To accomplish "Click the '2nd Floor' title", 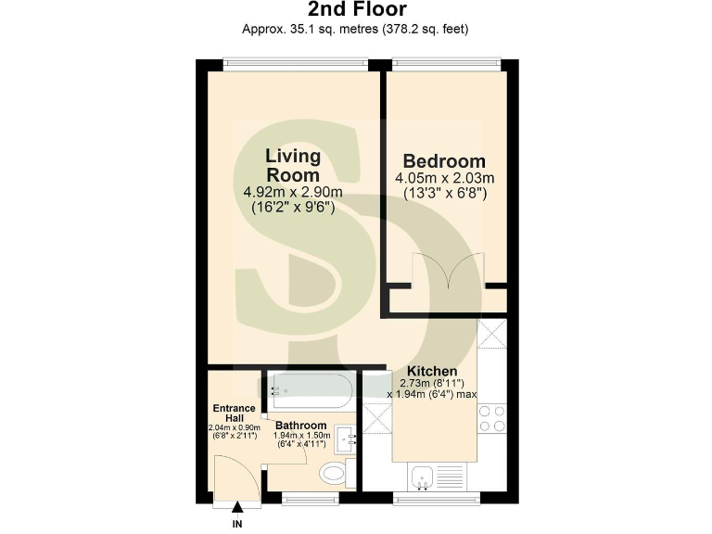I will (355, 10).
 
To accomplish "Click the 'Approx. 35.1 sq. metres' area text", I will (355, 29).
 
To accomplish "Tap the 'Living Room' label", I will (293, 165).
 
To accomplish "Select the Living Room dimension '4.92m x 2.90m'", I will (293, 192).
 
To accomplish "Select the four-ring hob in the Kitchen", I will (491, 419).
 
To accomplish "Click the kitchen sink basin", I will (425, 477).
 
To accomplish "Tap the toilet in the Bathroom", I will (334, 476).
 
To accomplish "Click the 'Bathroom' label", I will (299, 426).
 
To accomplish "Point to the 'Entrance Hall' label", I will (234, 413).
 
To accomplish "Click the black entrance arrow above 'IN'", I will (238, 506).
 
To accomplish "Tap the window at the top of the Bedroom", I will (447, 64).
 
